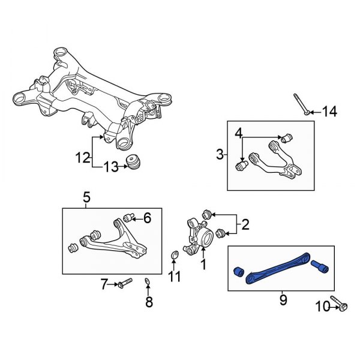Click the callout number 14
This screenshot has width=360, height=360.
[329, 111]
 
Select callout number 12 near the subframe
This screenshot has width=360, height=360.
[83, 158]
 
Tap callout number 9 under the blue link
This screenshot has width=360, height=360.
[283, 299]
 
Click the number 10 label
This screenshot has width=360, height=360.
[322, 307]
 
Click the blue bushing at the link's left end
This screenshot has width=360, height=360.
[237, 272]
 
